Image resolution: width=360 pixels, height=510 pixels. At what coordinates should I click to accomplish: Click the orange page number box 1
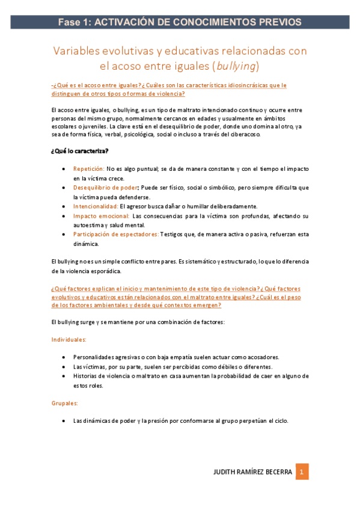(303, 472)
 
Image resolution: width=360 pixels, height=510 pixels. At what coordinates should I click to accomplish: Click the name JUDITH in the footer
(227, 472)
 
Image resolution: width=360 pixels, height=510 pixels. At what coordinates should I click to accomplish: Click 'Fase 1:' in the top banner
(74, 22)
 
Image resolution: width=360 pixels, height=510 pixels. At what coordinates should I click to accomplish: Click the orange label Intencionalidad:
(96, 206)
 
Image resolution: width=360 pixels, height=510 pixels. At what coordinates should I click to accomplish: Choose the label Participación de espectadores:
(116, 235)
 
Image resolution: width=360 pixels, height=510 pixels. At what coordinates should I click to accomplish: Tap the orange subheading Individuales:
(69, 340)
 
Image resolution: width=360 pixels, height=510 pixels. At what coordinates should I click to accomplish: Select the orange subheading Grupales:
(64, 403)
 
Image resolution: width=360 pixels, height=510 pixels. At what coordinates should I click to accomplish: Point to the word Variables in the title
(77, 51)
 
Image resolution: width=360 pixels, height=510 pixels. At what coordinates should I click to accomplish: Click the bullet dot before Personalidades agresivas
(64, 357)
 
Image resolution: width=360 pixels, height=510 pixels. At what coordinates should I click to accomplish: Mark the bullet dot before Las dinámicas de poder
(64, 421)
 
